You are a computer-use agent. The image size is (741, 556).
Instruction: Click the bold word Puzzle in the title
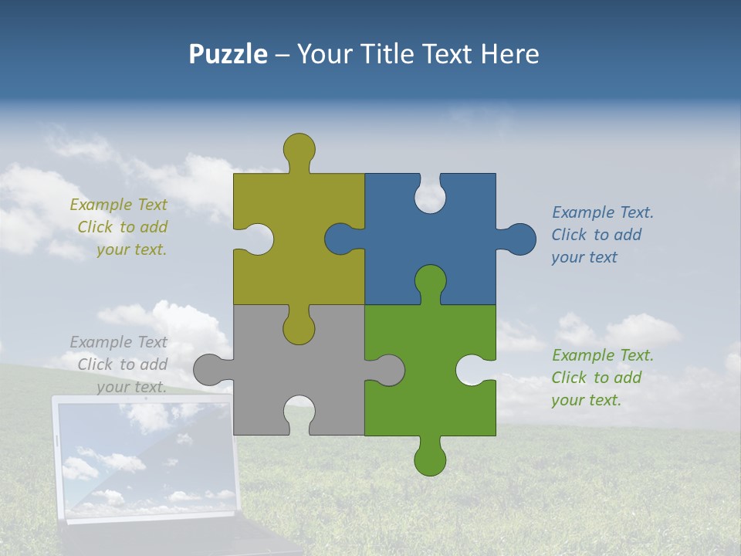[x=228, y=54]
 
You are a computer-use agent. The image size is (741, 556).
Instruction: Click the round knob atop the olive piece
[x=299, y=148]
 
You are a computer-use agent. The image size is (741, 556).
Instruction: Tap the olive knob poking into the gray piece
[x=299, y=329]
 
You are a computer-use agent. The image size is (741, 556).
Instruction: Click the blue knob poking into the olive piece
[x=340, y=239]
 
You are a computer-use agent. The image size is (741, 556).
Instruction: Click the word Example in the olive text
[x=101, y=205]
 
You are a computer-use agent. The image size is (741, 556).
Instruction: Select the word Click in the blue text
[x=570, y=235]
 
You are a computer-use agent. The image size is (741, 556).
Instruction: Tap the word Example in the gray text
[x=101, y=342]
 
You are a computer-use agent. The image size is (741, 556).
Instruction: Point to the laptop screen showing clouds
[x=143, y=459]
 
